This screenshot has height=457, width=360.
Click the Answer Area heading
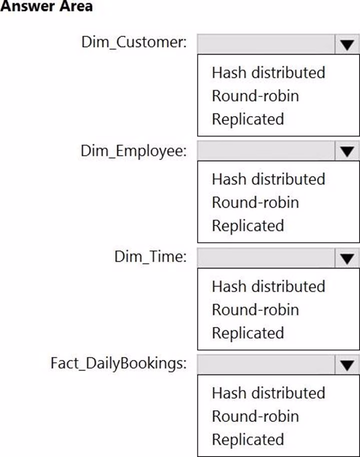point(46,6)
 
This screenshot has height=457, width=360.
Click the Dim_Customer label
point(134,42)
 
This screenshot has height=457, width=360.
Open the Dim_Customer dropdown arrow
point(347,44)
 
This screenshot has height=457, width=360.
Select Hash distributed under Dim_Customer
point(268,72)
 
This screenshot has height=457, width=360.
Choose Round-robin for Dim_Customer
point(255,96)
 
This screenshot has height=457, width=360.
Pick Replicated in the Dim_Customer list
point(248,119)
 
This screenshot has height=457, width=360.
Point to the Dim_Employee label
point(133,151)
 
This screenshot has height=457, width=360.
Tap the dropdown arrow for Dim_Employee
point(347,151)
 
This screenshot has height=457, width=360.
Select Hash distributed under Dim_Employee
point(268,179)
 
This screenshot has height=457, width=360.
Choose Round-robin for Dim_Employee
point(255,202)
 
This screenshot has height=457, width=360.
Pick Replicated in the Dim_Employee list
point(248,226)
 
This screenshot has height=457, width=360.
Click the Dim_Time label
point(150,257)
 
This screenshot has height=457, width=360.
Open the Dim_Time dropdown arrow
point(347,258)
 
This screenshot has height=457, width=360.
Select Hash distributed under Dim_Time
point(268,286)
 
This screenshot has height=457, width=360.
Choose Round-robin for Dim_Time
point(255,310)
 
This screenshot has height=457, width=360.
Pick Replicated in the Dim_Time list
point(248,333)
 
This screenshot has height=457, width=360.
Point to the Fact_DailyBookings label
point(118,364)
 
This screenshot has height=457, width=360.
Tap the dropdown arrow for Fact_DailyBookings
point(347,365)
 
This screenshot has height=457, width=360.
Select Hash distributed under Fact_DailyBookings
point(268,393)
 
